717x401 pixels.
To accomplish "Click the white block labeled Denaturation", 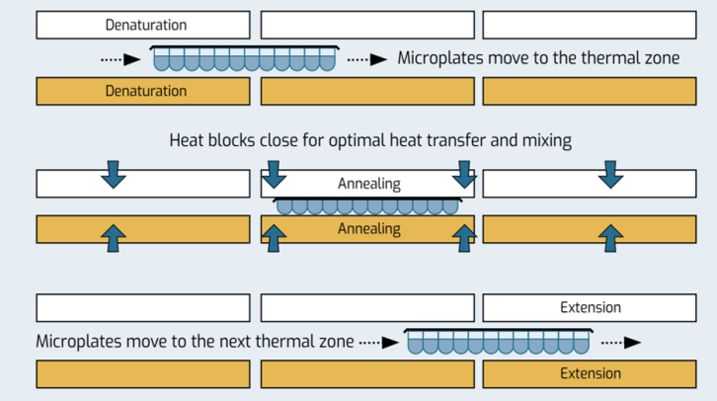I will click(x=143, y=25).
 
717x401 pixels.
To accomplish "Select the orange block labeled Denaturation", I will click(x=143, y=91).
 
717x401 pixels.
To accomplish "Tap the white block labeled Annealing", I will click(x=368, y=184).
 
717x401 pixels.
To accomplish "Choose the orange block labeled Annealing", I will click(x=368, y=229).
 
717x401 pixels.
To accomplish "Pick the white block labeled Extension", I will click(x=590, y=307).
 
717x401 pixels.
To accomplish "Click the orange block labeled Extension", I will click(x=590, y=373).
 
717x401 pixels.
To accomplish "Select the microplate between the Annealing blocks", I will click(x=367, y=205).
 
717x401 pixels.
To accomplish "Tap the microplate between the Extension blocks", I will click(x=499, y=341).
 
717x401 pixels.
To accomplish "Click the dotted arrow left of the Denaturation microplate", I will click(x=119, y=59).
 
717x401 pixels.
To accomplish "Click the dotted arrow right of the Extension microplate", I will click(x=620, y=343).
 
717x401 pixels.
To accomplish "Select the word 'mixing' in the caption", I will click(x=545, y=140).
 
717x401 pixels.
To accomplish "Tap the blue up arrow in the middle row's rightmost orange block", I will click(x=612, y=237).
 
